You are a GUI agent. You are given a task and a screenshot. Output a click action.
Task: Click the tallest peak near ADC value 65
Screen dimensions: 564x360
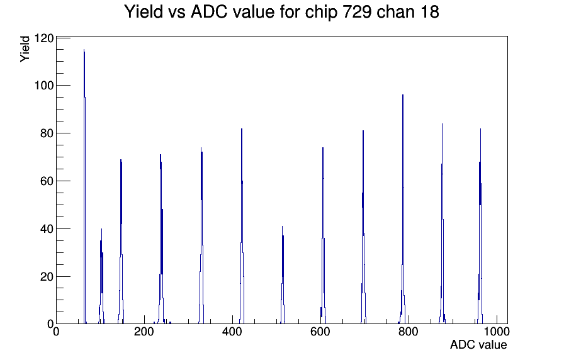pos(84,187)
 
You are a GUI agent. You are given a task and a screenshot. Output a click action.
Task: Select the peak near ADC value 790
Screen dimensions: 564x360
pos(403,208)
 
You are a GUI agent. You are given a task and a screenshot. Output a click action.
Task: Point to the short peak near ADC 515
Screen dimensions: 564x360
pos(283,275)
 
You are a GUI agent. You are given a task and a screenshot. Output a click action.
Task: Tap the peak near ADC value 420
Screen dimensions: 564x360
pos(242,227)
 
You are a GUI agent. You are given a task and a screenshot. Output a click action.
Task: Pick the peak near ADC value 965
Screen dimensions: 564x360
pos(480,227)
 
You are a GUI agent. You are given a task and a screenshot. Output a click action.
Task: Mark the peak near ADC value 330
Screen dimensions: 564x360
pos(201,235)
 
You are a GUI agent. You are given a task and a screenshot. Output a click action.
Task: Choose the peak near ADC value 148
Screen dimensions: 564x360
pos(121,241)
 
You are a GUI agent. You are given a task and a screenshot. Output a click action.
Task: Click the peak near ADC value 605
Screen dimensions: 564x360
pos(323,235)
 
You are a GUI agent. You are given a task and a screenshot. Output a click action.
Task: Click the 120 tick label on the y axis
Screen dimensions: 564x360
pos(44,38)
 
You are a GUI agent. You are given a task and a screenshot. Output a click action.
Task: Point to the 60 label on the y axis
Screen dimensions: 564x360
pos(47,181)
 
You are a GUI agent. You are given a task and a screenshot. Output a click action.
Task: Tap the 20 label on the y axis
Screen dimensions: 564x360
pos(47,276)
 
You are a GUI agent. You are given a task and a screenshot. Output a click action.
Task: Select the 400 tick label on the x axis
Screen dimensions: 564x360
pos(232,332)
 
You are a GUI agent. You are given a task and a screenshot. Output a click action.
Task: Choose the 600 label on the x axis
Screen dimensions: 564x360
pos(320,332)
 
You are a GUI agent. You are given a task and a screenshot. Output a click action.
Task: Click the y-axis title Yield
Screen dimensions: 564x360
pos(25,49)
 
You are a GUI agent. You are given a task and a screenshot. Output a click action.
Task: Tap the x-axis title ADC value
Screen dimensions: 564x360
pos(478,345)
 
